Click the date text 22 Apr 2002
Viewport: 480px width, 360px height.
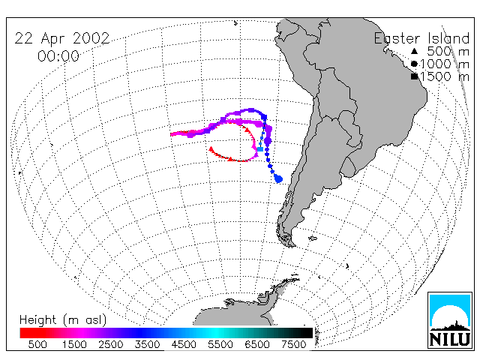click(62, 39)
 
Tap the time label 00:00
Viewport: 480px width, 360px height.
click(58, 56)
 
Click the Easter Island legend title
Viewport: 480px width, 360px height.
click(421, 38)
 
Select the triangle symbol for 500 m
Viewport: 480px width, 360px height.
click(414, 51)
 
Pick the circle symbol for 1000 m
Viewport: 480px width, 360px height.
click(414, 64)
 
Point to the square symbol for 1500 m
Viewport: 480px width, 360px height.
click(414, 76)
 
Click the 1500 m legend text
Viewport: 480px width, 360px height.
click(445, 76)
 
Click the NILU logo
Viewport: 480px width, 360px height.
click(450, 320)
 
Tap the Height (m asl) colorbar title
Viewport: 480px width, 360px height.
click(63, 320)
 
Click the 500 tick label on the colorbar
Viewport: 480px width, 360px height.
click(37, 344)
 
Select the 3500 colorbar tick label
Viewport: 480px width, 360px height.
click(147, 344)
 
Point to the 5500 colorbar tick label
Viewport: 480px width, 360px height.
click(220, 344)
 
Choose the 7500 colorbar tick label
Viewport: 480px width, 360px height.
click(293, 344)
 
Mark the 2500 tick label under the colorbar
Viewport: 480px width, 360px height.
click(111, 344)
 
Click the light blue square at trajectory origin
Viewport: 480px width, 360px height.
click(260, 149)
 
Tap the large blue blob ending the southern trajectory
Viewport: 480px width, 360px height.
click(278, 178)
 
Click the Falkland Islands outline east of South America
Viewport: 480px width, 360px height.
click(313, 238)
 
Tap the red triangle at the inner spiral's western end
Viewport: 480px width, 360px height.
click(211, 149)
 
